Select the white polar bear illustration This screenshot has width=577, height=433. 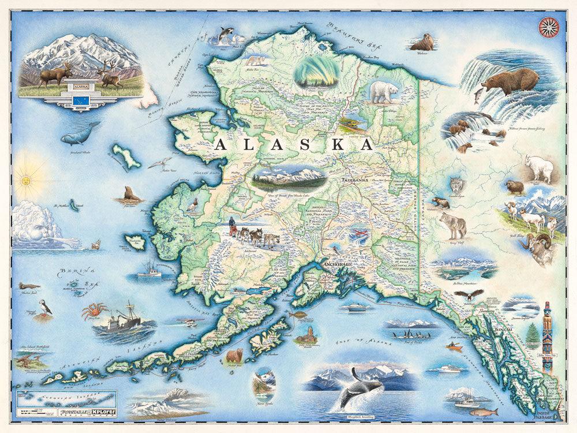384,91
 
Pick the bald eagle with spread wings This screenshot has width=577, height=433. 468,296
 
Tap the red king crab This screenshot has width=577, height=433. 94,311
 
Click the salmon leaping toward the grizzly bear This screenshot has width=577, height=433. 477,95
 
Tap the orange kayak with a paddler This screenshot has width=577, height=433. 454,346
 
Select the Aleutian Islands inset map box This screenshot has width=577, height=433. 66,399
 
